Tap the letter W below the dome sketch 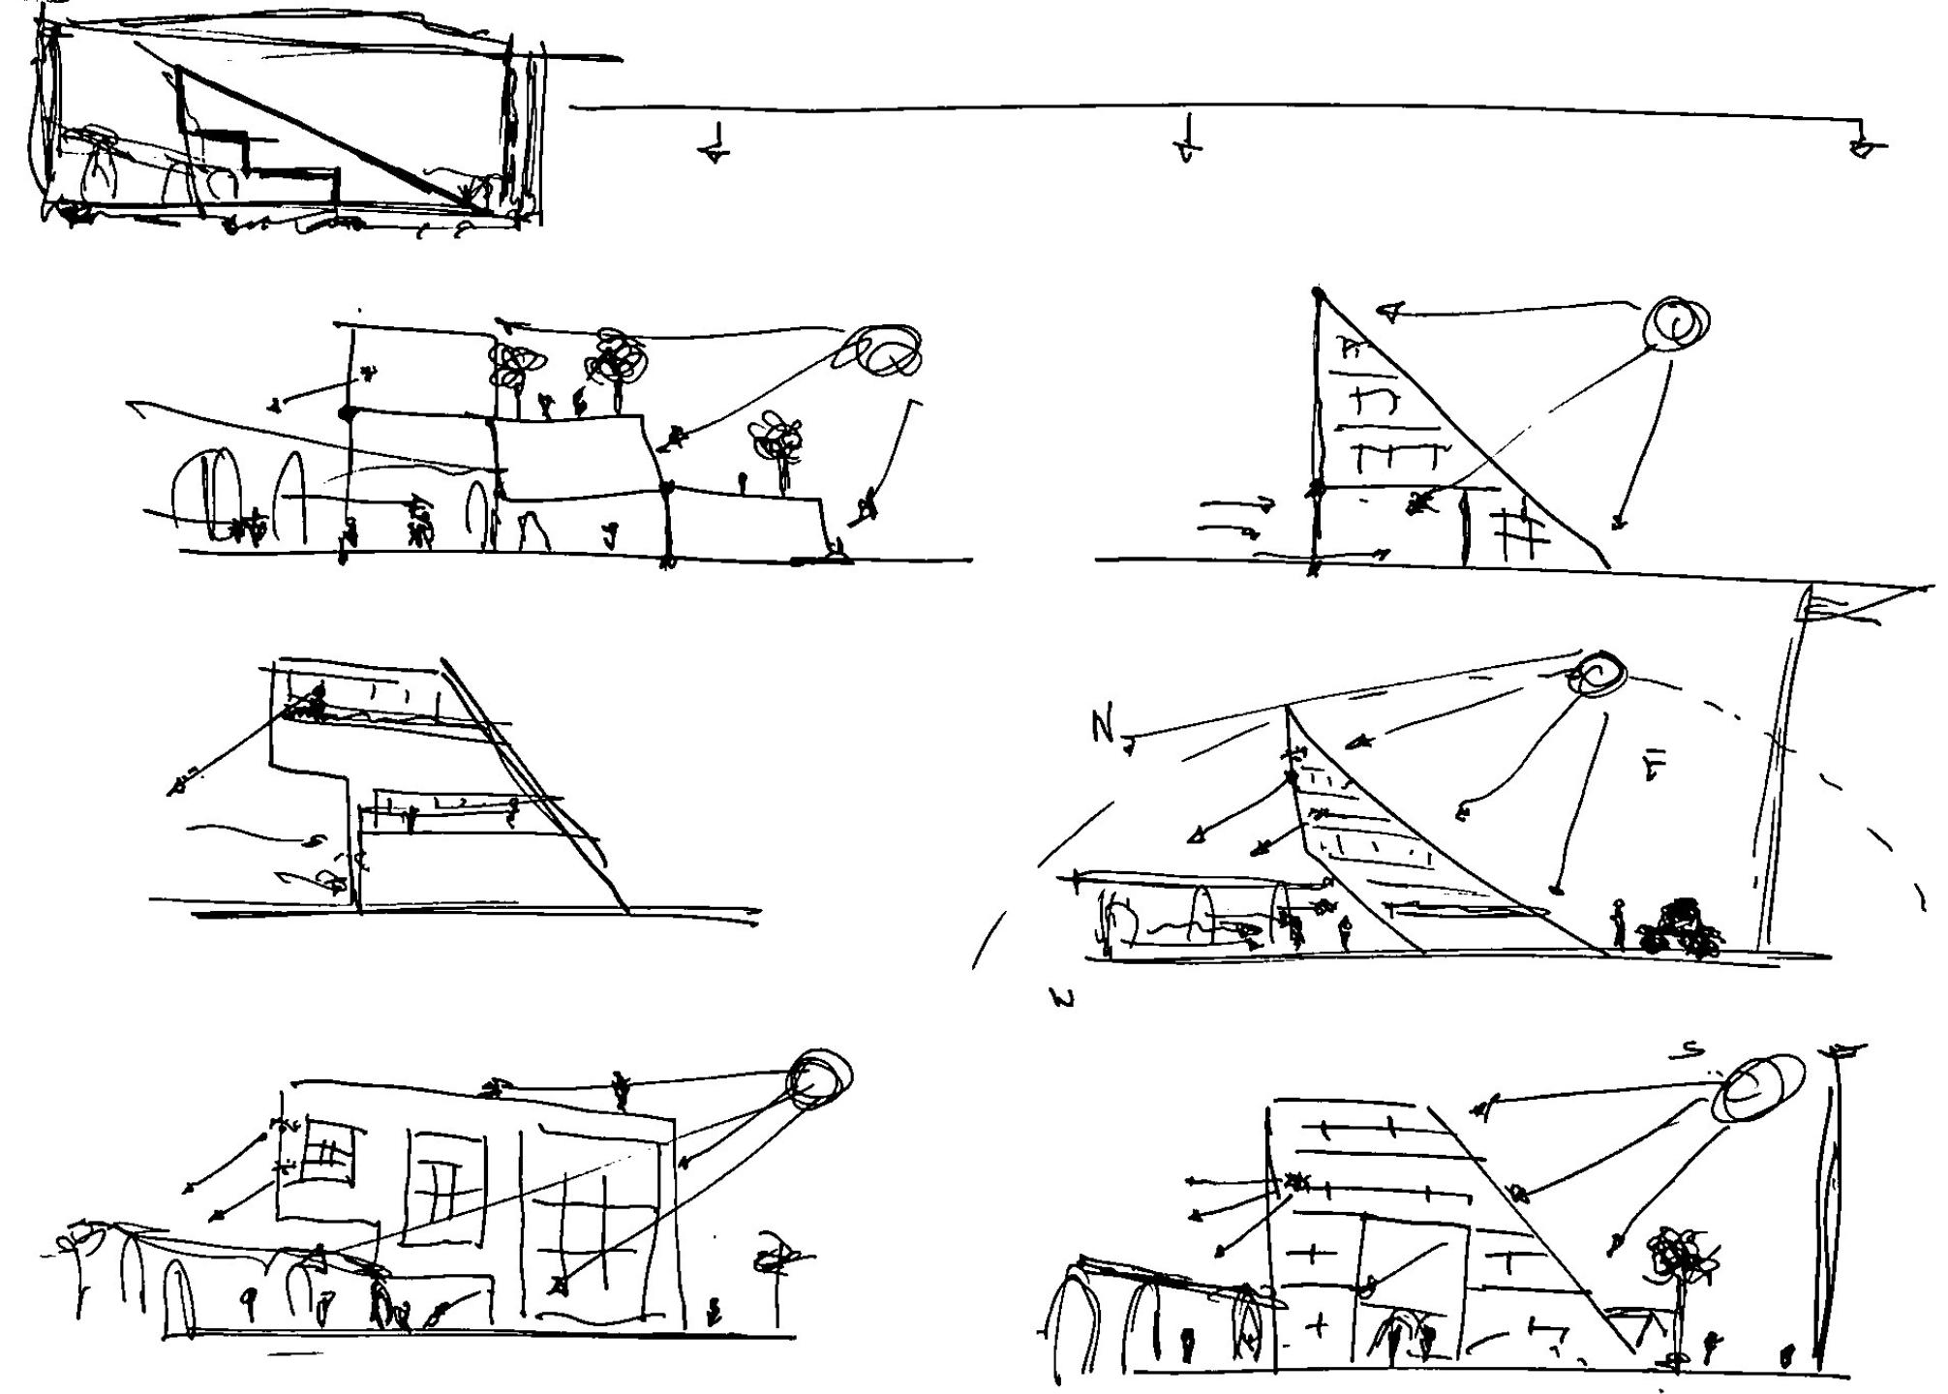[1063, 999]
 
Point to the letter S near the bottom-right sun [1692, 1050]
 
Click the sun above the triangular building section [1677, 323]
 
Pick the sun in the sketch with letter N [1599, 674]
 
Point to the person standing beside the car [1619, 923]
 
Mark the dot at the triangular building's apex [1318, 291]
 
